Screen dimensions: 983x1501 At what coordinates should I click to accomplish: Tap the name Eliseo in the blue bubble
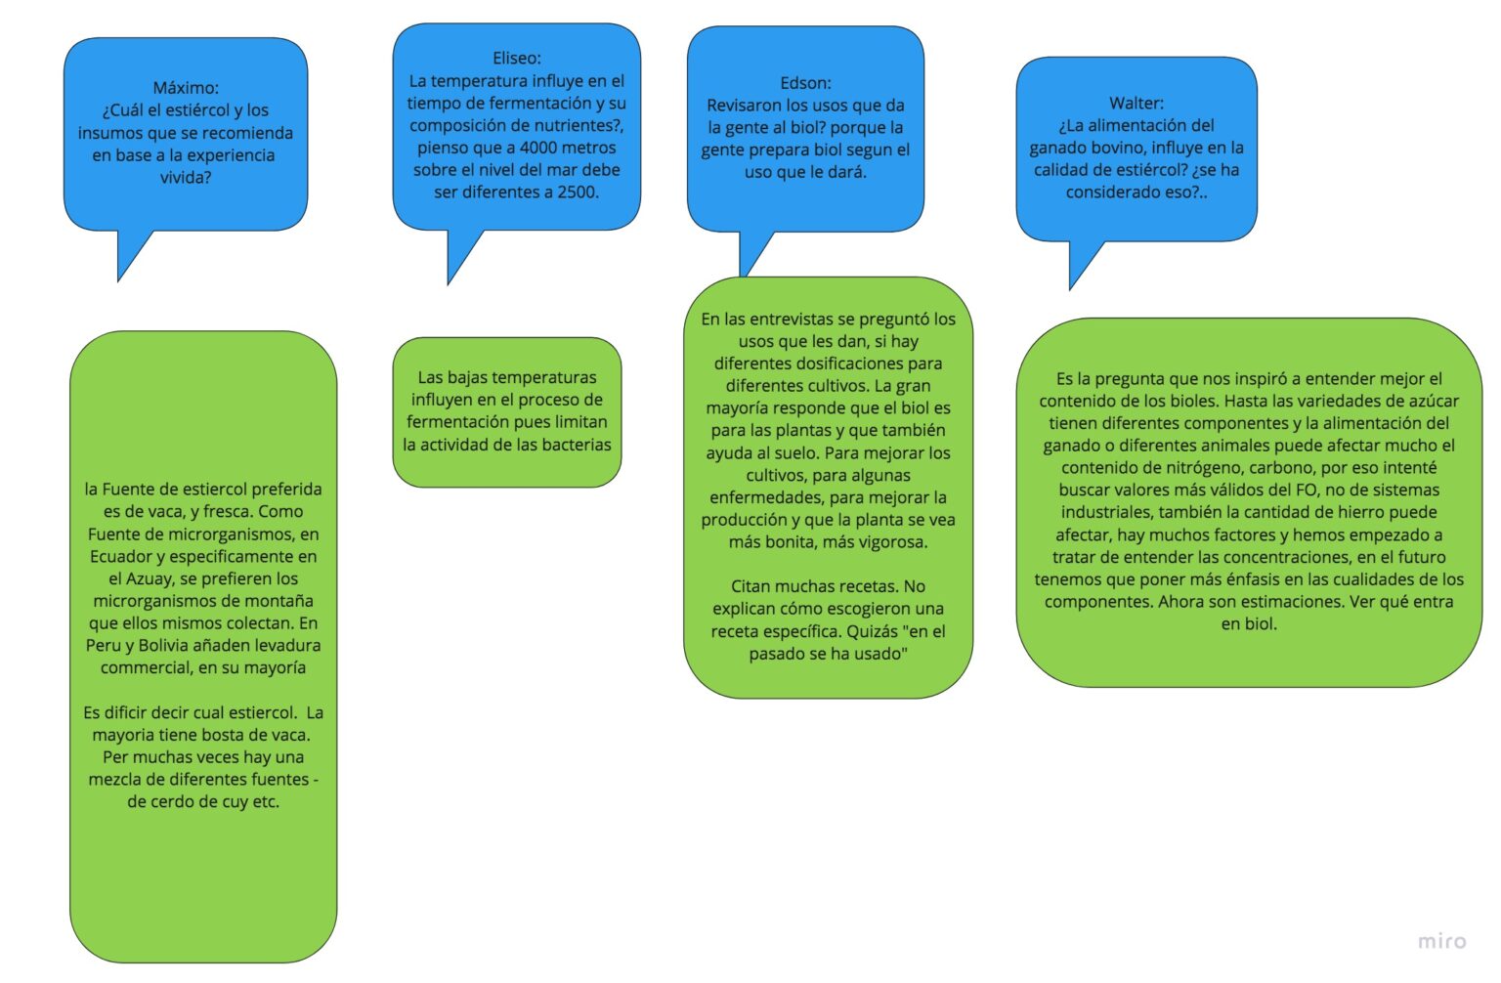point(515,59)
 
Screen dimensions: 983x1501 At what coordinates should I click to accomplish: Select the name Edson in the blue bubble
point(803,83)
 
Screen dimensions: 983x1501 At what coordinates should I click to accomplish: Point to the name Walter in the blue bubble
point(1134,103)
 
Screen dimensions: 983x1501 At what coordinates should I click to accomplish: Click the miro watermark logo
point(1441,941)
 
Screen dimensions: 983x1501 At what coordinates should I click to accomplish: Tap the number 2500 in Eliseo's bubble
point(577,192)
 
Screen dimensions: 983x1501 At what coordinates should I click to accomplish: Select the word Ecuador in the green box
point(121,557)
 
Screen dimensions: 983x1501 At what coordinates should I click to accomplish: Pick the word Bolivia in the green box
point(171,646)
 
